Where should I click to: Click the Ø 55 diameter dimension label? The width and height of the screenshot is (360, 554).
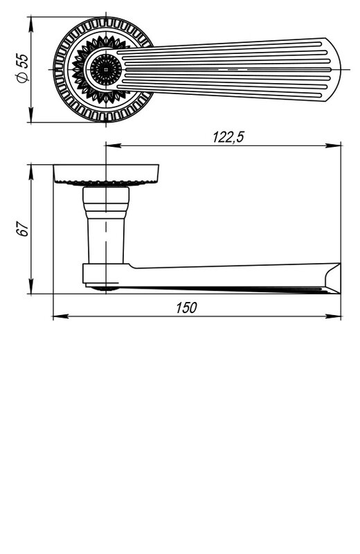pyautogui.click(x=22, y=68)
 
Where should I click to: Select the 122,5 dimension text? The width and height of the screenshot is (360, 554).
pyautogui.click(x=228, y=137)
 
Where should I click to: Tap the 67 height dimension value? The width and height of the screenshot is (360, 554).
pyautogui.click(x=23, y=229)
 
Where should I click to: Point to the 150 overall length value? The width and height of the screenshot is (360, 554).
pyautogui.click(x=186, y=307)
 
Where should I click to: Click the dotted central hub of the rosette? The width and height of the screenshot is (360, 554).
pyautogui.click(x=106, y=69)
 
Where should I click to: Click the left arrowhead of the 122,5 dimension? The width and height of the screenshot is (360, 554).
pyautogui.click(x=114, y=145)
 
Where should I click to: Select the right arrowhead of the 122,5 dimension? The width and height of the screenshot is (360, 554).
pyautogui.click(x=333, y=145)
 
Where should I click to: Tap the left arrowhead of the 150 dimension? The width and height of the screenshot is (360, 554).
pyautogui.click(x=61, y=316)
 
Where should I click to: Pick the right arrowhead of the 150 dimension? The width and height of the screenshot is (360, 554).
pyautogui.click(x=333, y=316)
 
